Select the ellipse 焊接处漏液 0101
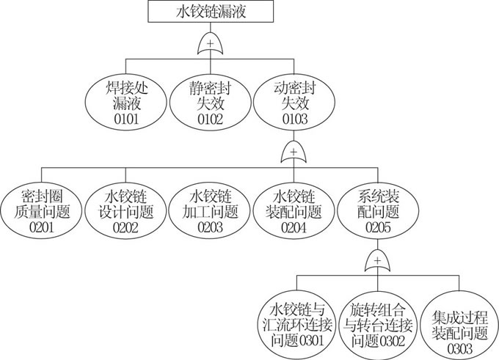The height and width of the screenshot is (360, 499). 126,102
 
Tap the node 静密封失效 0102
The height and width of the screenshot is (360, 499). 210,102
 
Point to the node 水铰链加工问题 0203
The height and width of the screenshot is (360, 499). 210,211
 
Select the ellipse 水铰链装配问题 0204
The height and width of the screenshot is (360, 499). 294,211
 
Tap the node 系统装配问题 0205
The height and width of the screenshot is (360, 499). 376,211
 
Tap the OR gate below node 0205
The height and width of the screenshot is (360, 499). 376,261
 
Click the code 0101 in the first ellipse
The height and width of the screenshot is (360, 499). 126,119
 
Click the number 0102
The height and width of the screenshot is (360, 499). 210,119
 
